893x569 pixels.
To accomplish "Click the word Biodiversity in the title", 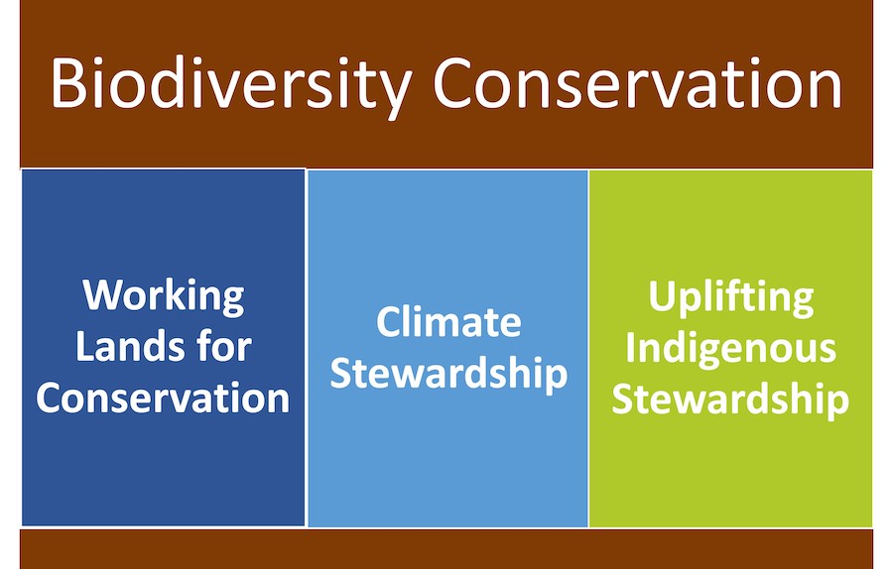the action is point(230,85).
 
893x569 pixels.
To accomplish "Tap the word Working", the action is point(164,296).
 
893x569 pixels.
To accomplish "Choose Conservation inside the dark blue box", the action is point(163,398).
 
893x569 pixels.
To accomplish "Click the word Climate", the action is point(448,321).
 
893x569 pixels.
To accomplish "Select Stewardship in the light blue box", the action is point(448,374).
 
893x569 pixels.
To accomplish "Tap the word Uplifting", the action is point(731,297).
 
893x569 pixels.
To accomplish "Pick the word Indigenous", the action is point(730,347).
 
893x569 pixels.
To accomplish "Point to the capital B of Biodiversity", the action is point(68,82).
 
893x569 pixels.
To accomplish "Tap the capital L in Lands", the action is point(85,345).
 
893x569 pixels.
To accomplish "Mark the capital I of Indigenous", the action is point(630,346).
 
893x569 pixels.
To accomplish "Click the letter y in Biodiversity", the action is point(394,94).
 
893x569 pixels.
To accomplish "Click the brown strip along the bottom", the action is point(446,549).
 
